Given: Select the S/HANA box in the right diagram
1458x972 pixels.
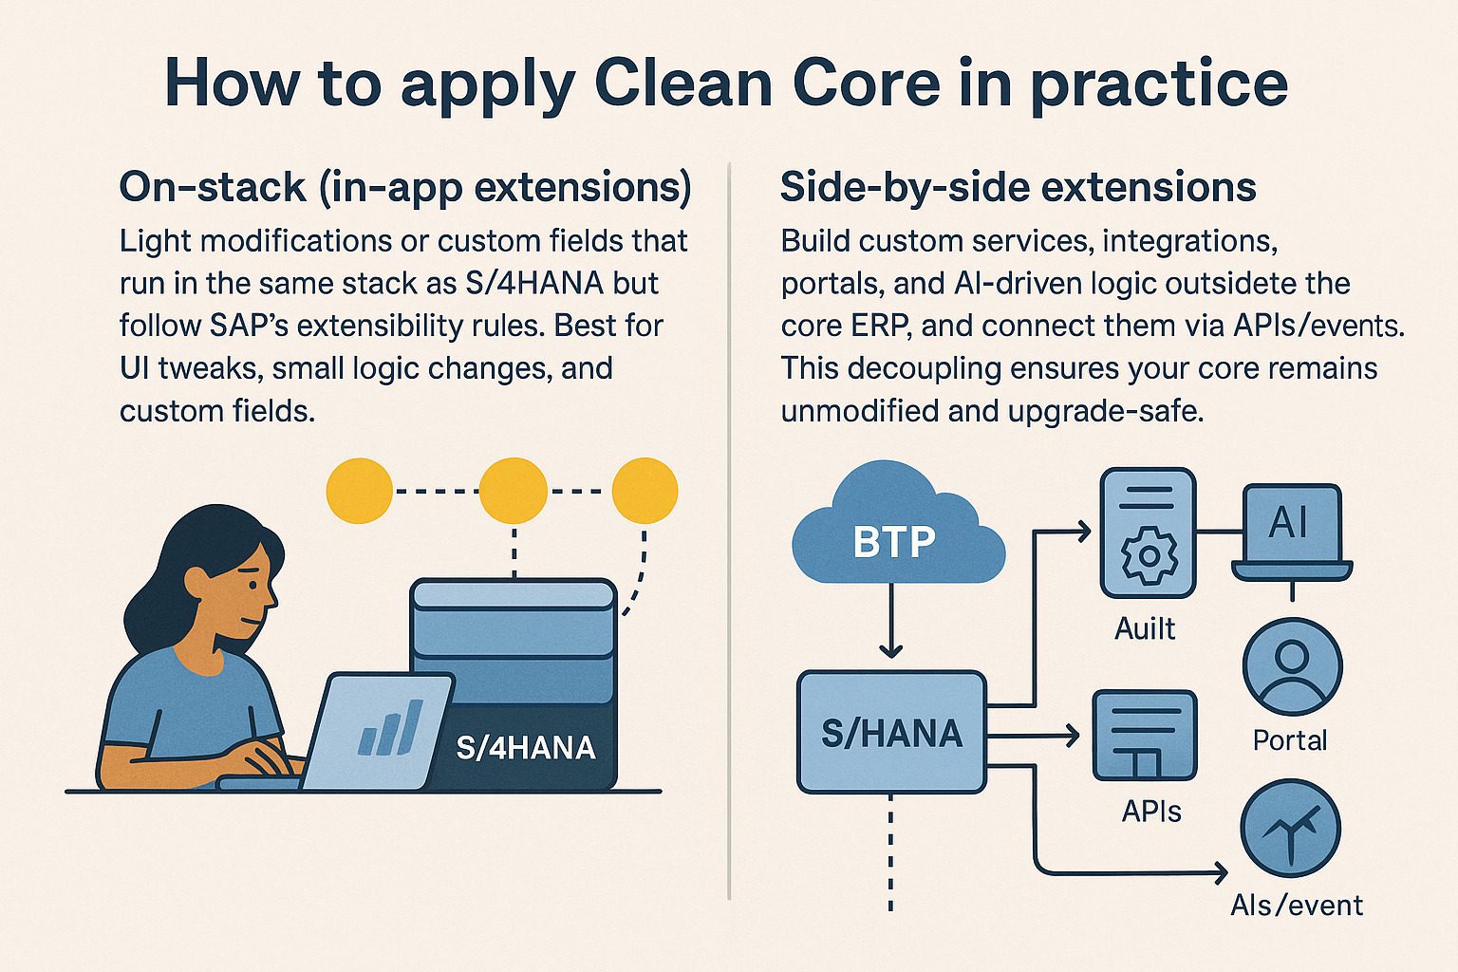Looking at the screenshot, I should (x=890, y=733).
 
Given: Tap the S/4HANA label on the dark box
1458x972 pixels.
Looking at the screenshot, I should (x=526, y=747).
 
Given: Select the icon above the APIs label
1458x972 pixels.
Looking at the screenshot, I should (x=1145, y=735).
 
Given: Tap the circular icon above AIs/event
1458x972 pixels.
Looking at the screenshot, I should (x=1291, y=828).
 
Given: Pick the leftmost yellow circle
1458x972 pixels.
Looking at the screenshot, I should (x=359, y=491).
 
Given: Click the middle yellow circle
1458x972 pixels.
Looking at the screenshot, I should (x=513, y=491).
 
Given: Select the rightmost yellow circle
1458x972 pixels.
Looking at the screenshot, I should (x=645, y=491).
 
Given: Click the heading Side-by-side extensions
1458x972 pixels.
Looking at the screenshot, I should (x=1018, y=187).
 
